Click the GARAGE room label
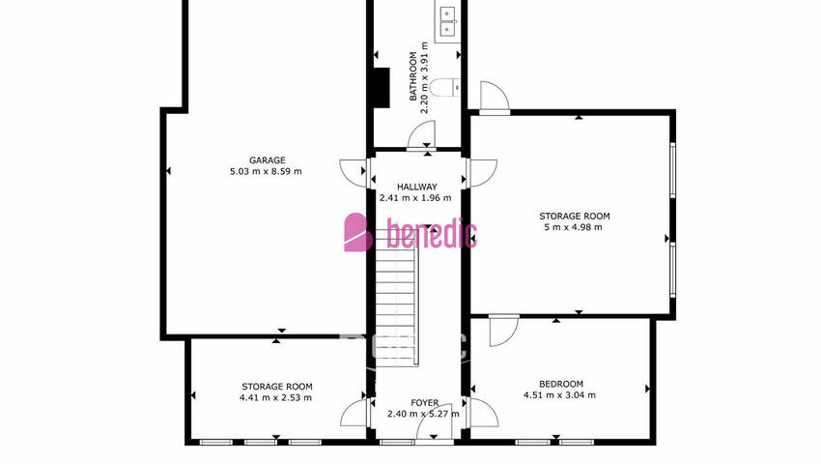[267, 160]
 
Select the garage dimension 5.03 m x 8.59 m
[266, 171]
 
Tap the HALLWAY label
[417, 187]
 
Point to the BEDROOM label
[561, 384]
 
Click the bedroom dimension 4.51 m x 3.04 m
[559, 395]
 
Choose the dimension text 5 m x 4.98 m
[574, 227]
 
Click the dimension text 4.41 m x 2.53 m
[276, 397]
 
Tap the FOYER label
[425, 403]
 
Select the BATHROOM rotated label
[413, 76]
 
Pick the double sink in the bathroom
[447, 21]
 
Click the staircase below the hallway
[397, 298]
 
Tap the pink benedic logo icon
[358, 232]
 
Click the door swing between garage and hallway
[353, 172]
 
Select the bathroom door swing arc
[421, 134]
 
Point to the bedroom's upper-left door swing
[503, 331]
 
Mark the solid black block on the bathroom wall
[382, 88]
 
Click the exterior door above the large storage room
[495, 98]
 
